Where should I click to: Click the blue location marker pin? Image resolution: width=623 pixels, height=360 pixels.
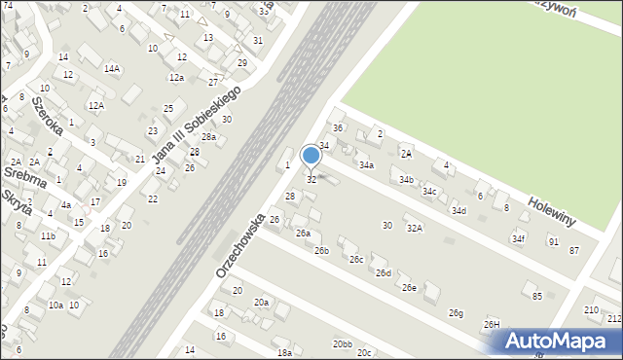tap(311, 156)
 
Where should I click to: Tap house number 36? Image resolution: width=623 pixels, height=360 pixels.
tap(338, 128)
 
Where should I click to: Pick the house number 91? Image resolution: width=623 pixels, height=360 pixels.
tap(553, 241)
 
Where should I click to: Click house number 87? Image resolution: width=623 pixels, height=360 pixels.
tap(574, 250)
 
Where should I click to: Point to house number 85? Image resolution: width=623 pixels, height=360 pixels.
tap(536, 296)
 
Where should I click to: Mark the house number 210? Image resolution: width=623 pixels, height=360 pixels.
tap(591, 310)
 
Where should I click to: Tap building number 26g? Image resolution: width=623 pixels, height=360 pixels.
tap(456, 312)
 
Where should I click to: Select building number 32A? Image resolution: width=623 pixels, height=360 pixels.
tap(415, 228)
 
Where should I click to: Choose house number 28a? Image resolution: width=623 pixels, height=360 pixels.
tap(208, 137)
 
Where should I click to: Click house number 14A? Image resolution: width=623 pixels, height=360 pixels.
tap(113, 68)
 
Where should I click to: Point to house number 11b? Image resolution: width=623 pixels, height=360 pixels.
tap(48, 235)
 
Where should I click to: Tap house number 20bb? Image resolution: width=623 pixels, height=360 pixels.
tap(341, 344)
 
